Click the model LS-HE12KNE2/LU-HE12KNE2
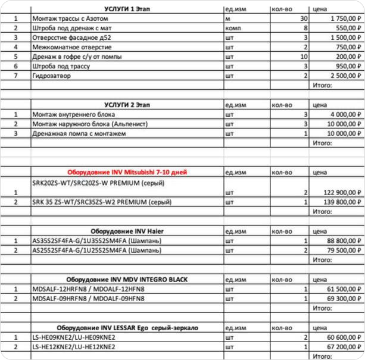click(x=74, y=346)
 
